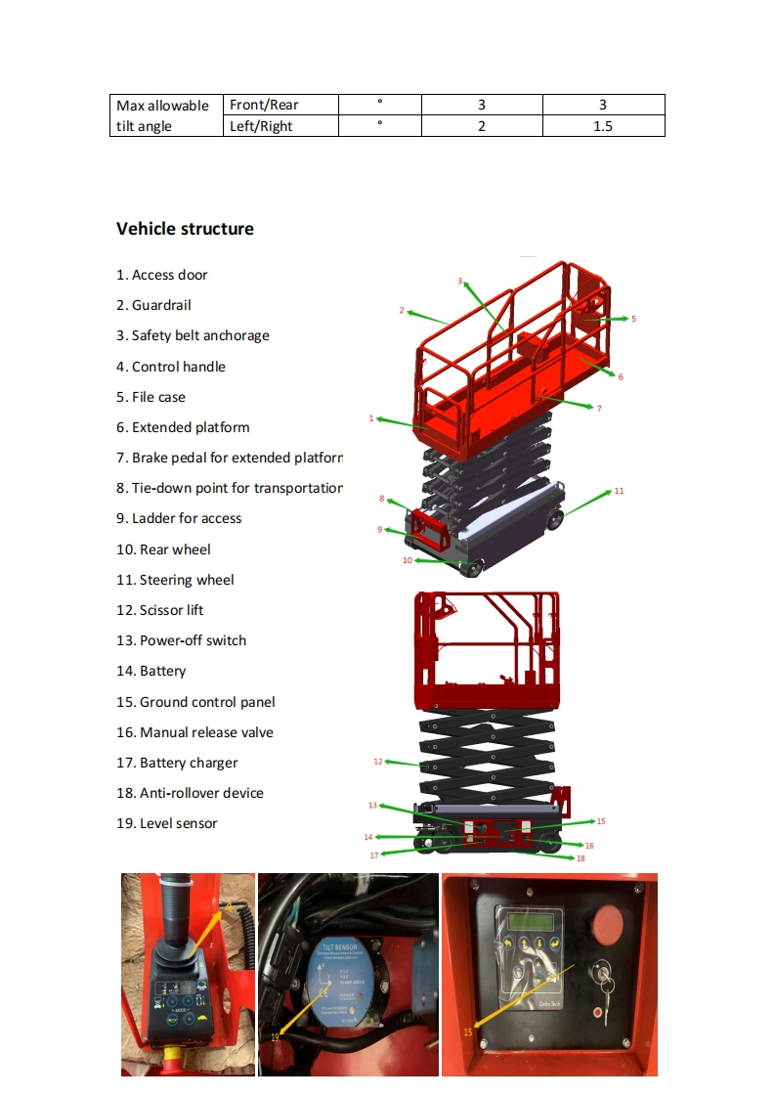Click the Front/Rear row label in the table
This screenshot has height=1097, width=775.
click(x=264, y=105)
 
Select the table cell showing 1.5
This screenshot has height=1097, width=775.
click(x=603, y=126)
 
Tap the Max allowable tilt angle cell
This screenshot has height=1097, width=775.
click(x=163, y=115)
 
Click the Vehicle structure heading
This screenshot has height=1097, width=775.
click(x=185, y=229)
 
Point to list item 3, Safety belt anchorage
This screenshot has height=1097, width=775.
click(x=193, y=335)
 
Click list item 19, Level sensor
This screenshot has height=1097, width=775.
click(x=167, y=823)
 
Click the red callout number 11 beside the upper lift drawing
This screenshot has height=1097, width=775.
click(x=619, y=491)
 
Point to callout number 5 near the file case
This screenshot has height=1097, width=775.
click(x=633, y=319)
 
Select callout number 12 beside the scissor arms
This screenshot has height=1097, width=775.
click(x=378, y=761)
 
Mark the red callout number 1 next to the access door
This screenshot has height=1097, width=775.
click(x=371, y=418)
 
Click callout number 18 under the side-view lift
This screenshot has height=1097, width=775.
click(x=581, y=858)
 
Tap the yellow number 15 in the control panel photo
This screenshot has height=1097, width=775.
click(x=468, y=1030)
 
